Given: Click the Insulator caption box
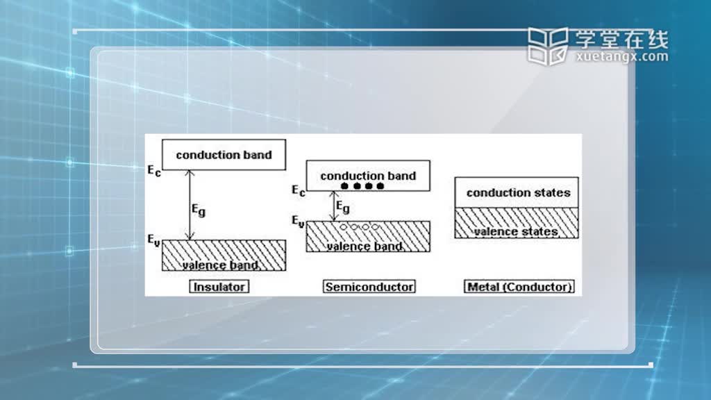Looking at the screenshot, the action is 219,287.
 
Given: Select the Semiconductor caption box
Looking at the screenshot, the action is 369,287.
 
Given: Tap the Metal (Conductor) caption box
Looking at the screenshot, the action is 519,287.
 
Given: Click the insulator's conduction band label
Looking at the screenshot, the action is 224,155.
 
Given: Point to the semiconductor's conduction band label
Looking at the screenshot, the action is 368,176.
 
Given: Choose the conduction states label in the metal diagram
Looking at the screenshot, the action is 518,193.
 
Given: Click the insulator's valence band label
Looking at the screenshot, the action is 220,265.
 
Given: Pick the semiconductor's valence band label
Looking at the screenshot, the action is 365,247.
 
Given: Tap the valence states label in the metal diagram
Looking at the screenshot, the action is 516,232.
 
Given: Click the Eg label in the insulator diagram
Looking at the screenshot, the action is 199,210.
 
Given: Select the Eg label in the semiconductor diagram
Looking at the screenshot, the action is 343,207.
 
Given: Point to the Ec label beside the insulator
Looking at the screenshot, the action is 154,171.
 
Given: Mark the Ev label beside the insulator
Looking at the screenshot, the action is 153,240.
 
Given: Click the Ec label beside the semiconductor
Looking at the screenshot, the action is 299,190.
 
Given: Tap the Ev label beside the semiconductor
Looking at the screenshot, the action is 298,222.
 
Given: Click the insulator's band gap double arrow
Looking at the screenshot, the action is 190,205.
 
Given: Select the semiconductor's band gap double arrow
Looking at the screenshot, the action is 334,206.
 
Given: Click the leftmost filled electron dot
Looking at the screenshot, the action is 344,186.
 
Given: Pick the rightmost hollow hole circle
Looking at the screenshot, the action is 376,227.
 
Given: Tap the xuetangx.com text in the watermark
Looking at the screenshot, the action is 622,57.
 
